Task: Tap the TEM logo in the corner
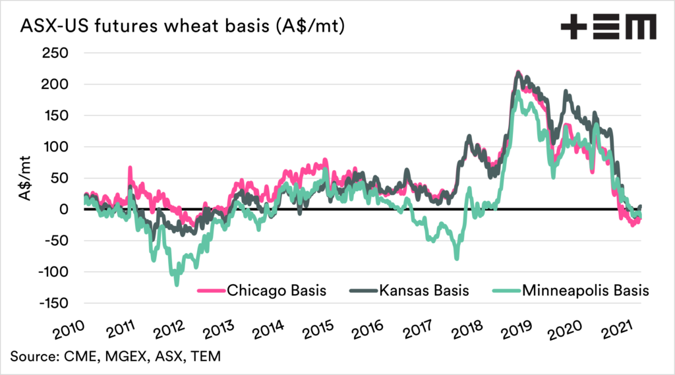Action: pos(608,28)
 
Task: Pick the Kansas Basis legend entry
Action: pos(423,290)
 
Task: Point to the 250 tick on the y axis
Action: pos(56,53)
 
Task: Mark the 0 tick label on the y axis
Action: pos(65,209)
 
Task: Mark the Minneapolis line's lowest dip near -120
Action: pos(176,285)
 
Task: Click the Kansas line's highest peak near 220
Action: pos(518,72)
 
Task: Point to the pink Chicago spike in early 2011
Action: pos(130,167)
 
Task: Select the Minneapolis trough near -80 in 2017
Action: pos(456,259)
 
